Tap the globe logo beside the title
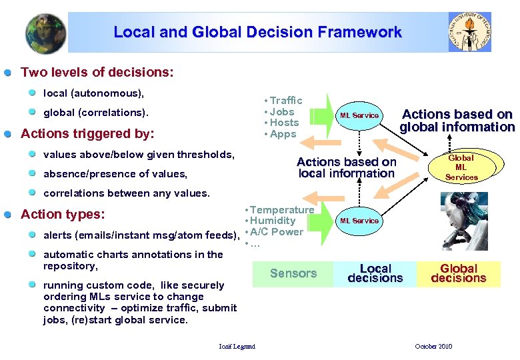[45, 32]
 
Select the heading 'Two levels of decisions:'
[97, 71]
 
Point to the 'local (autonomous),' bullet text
[94, 93]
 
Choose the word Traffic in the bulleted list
[286, 101]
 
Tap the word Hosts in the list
[284, 123]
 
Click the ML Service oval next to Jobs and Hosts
[359, 115]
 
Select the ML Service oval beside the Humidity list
[359, 221]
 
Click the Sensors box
[293, 273]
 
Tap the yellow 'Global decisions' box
[458, 273]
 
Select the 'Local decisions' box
[375, 273]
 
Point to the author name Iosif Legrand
[237, 346]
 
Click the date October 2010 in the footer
[433, 346]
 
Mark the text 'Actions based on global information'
[457, 121]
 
